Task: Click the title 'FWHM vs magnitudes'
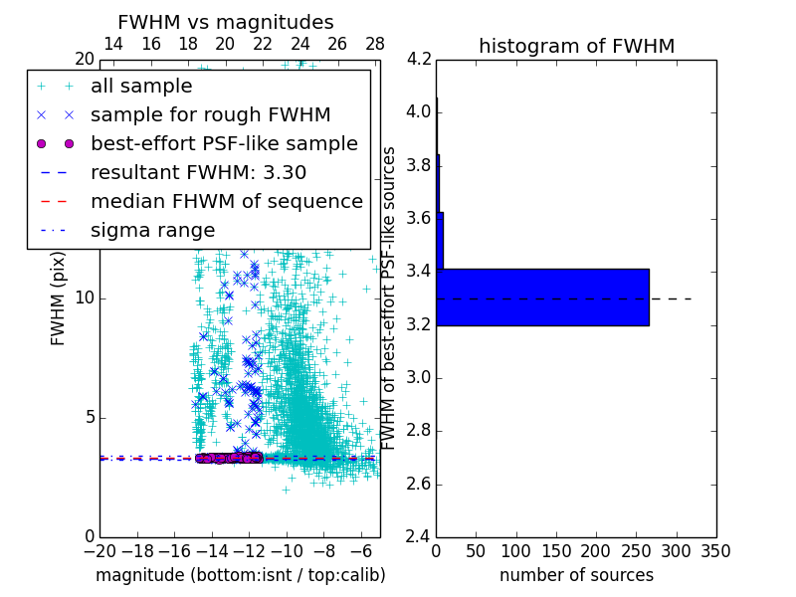(x=226, y=23)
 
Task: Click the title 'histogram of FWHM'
(x=576, y=46)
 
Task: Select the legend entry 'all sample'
(x=141, y=87)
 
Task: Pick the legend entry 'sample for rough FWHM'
(x=210, y=115)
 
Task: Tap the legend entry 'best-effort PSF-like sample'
(x=224, y=143)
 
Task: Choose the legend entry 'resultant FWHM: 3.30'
(x=198, y=172)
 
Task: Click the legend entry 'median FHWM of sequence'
(x=226, y=201)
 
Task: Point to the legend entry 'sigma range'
(x=152, y=230)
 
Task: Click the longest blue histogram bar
(x=542, y=297)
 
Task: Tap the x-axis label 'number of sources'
(x=576, y=575)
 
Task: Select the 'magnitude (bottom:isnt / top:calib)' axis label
(x=240, y=575)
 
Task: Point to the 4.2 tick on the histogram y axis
(x=418, y=59)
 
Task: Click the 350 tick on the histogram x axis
(x=715, y=550)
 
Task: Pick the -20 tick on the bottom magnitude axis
(x=99, y=550)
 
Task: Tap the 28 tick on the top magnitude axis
(x=375, y=44)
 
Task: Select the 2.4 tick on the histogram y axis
(x=418, y=536)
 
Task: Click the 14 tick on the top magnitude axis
(x=113, y=44)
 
